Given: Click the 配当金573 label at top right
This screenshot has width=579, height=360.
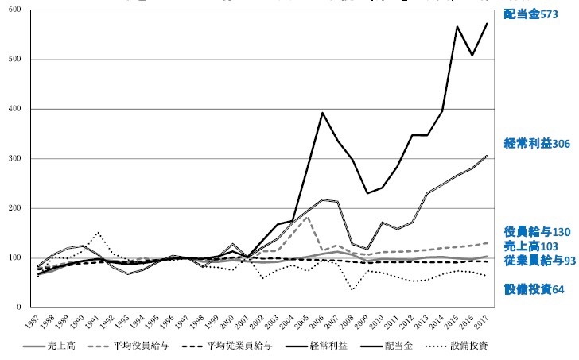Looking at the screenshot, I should tap(530, 14).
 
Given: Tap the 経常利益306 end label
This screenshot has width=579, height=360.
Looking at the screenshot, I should tap(537, 144).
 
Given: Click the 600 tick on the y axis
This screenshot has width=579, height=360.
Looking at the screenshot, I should tap(15, 10).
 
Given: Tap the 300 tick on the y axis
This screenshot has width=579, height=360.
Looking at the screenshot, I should tap(15, 159).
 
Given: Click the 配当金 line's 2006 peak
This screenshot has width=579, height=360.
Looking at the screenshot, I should tap(321, 112).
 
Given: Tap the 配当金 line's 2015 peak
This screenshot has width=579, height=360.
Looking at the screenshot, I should tap(457, 27).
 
